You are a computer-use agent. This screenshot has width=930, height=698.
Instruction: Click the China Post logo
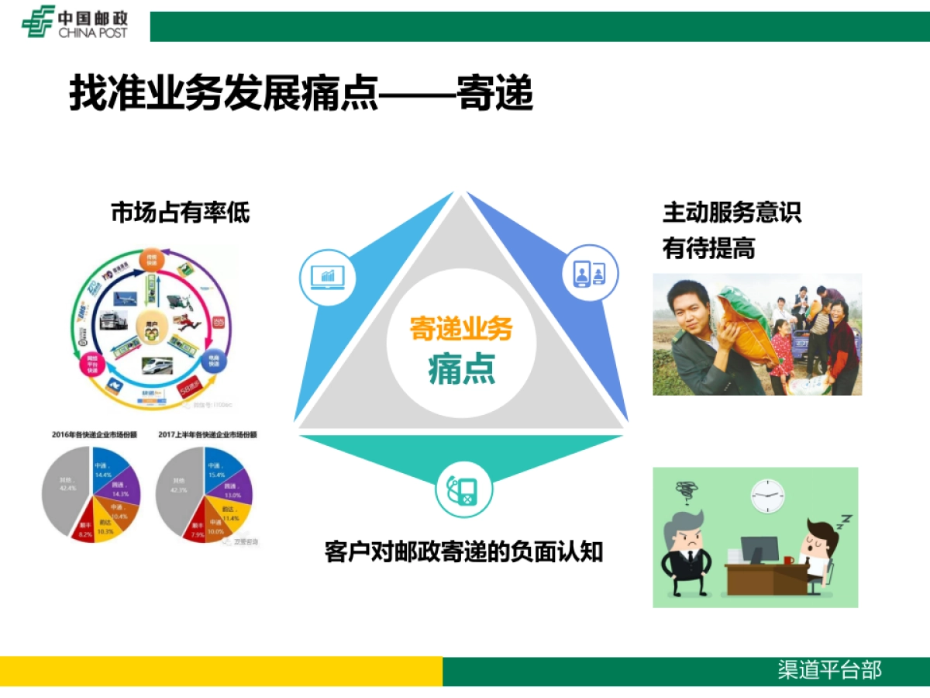click(x=74, y=22)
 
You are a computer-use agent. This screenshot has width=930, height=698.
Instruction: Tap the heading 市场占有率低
click(x=181, y=213)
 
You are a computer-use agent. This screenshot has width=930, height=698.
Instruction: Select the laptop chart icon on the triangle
click(x=327, y=276)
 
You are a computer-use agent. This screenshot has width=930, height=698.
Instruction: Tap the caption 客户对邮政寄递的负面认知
click(x=463, y=552)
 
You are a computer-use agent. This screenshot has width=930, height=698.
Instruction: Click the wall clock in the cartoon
click(x=767, y=495)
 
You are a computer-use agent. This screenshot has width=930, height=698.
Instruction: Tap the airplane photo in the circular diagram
click(x=124, y=299)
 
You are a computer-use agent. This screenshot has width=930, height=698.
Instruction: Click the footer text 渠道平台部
click(x=829, y=670)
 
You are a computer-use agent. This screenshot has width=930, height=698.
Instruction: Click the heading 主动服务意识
click(x=732, y=213)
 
